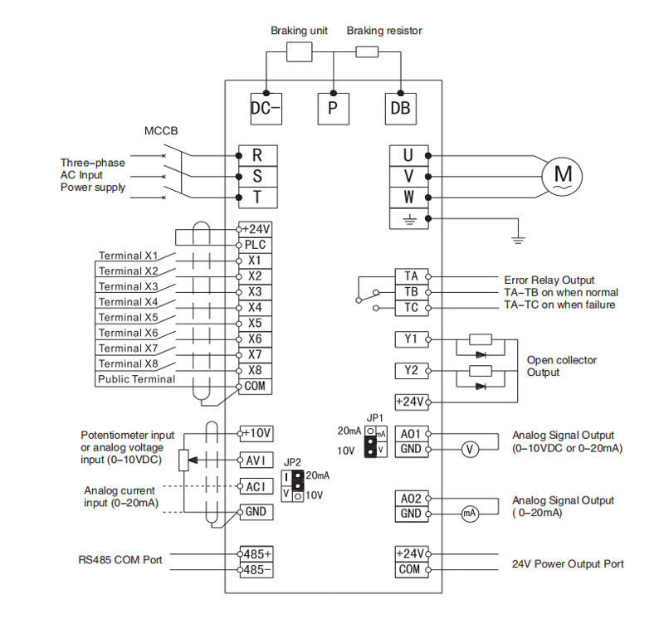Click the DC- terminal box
(x=266, y=109)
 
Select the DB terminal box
(x=401, y=109)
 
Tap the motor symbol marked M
(x=562, y=176)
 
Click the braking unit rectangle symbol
(x=300, y=51)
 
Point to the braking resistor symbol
(x=367, y=52)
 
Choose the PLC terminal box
(x=255, y=245)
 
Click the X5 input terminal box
(x=255, y=323)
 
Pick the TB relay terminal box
(x=411, y=292)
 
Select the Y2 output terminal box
(x=411, y=371)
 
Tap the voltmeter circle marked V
(x=470, y=449)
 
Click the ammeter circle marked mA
(x=470, y=514)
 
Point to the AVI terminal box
(x=256, y=460)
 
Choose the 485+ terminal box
(x=256, y=553)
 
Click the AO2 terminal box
(x=411, y=499)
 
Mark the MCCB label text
(x=161, y=131)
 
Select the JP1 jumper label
(x=375, y=418)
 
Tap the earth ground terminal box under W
(x=408, y=219)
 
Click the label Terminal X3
(x=128, y=286)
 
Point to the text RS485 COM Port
(x=120, y=560)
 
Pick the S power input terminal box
(x=258, y=177)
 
